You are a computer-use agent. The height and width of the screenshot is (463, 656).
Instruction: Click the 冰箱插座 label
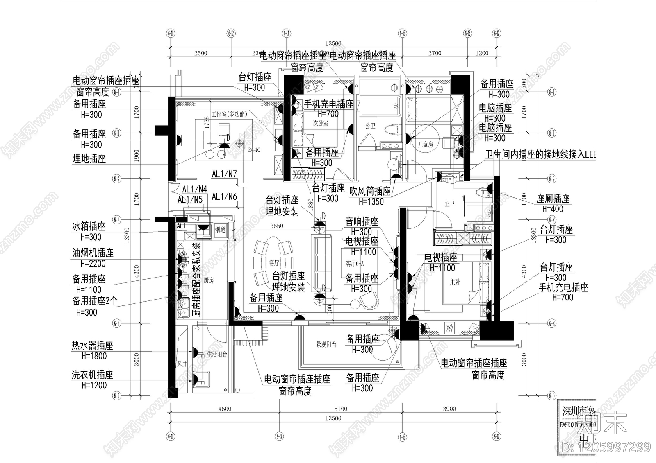point(89,226)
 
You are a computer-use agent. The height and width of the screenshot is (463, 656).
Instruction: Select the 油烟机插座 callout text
point(93,253)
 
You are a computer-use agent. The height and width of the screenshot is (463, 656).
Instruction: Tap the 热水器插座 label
point(92,346)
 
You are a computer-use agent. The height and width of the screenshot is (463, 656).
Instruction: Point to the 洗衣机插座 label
point(92,375)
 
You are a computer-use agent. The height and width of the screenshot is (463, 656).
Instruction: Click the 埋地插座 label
point(89,158)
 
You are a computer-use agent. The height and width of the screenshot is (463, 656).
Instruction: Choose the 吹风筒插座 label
point(370,191)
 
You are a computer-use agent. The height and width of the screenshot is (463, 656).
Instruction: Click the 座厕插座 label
point(553,199)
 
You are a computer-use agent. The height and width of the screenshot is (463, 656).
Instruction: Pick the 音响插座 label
point(362,222)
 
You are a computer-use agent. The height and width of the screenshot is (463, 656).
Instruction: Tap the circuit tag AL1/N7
point(224,174)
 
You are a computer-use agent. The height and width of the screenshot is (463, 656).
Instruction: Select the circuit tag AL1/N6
point(224,196)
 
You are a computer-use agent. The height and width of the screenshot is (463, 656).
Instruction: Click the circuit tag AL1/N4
point(194,189)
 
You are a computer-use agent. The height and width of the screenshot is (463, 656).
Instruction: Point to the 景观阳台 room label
point(326,344)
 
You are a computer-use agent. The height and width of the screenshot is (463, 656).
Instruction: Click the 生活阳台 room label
point(217,355)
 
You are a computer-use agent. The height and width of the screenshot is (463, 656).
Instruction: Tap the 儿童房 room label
point(425,145)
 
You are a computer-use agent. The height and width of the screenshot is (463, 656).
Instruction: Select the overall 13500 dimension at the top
point(333,43)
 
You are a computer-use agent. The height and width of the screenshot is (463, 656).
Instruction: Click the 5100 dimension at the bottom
point(340,409)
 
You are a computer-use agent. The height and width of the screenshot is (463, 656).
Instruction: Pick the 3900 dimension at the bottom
point(449,409)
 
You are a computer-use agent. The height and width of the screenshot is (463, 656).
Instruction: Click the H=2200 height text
point(93,264)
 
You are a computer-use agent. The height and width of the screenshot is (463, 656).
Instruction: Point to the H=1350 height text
point(371,201)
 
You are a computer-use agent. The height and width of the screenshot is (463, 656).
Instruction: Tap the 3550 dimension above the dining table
point(276,226)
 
